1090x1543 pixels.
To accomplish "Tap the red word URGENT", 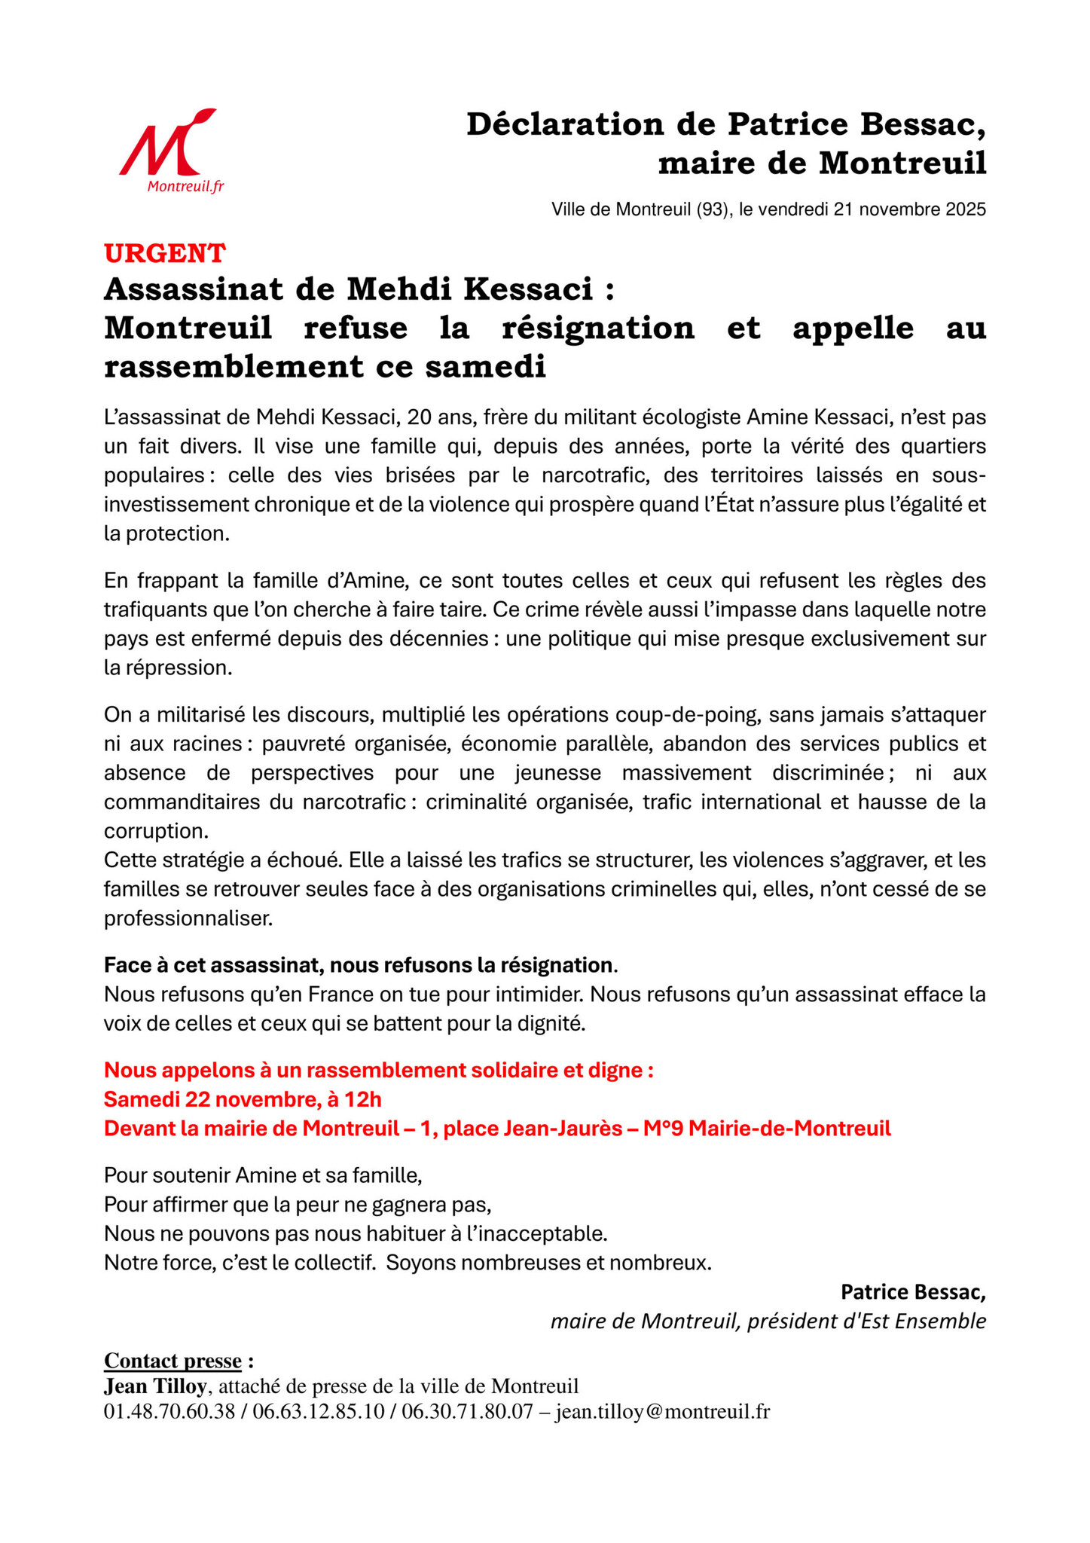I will point(164,253).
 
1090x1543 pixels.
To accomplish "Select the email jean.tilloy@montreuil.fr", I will point(662,1412).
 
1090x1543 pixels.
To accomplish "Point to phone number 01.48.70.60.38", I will point(169,1412).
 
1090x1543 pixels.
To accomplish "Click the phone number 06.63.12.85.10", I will point(319,1412).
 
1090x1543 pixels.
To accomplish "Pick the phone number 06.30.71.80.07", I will point(467,1412).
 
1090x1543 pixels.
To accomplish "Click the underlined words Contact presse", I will point(173,1361).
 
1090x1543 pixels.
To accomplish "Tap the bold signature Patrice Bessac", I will point(912,1292).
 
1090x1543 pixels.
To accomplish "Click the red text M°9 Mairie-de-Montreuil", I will point(767,1129).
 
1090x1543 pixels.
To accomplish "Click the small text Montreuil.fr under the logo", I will point(185,187).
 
